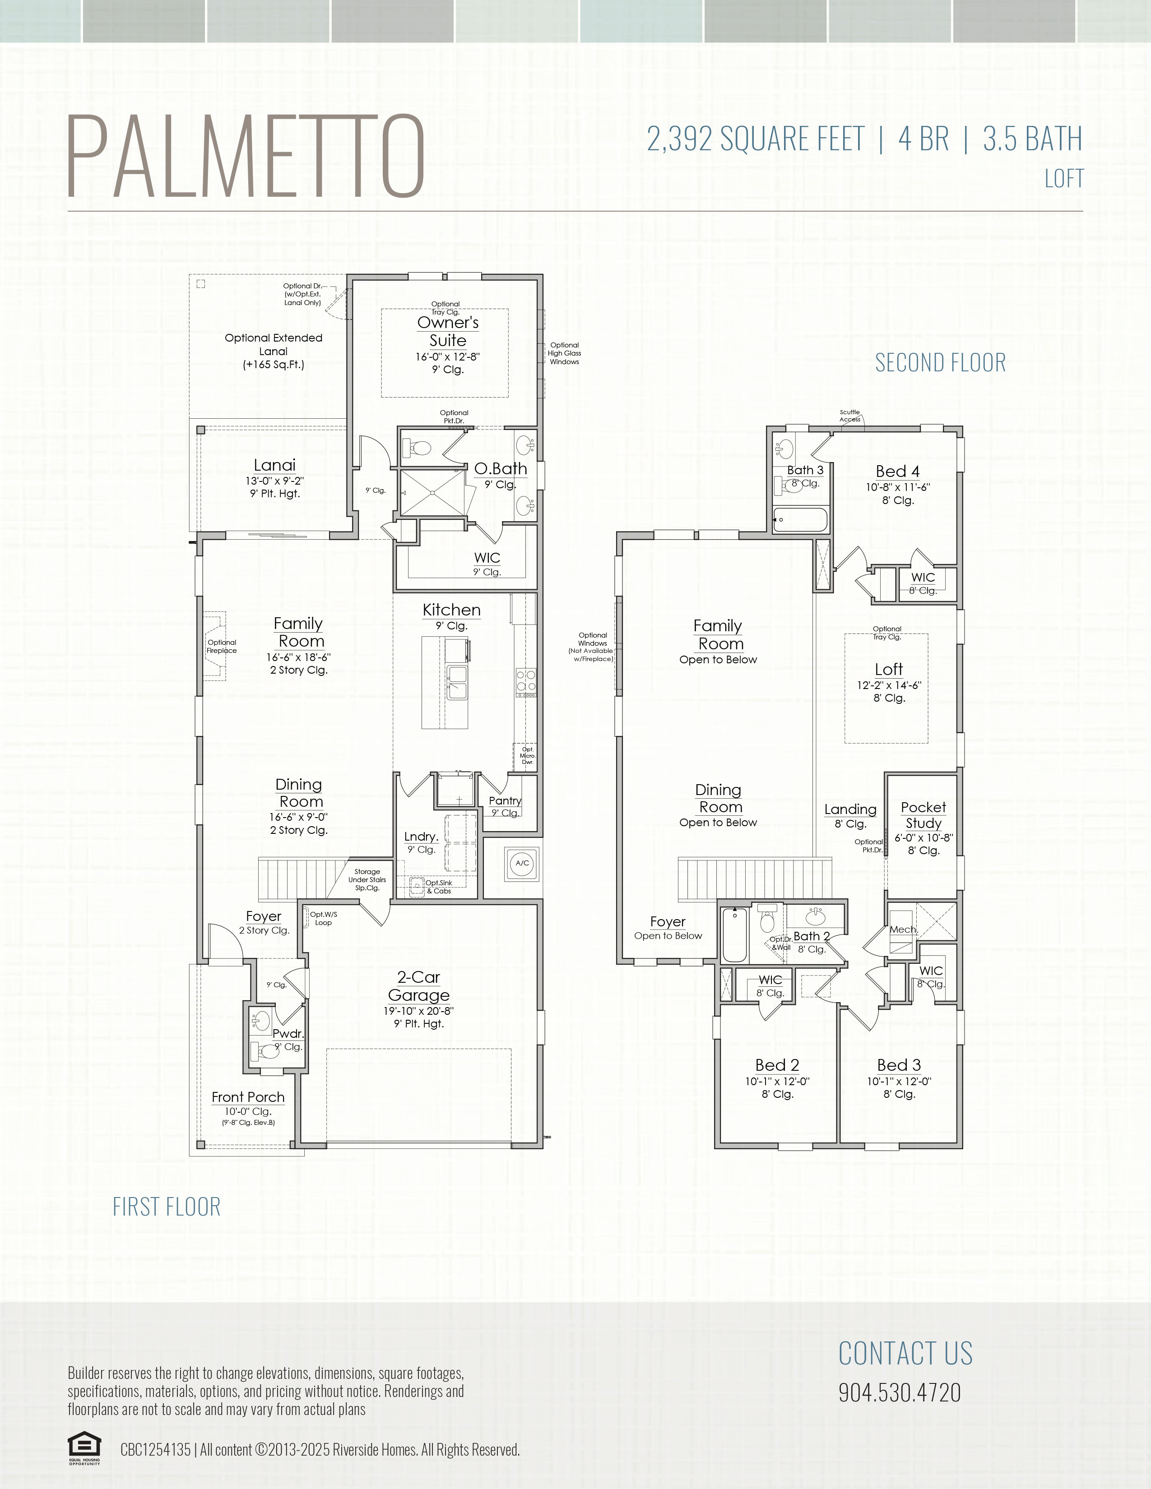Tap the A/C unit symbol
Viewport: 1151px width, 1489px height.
[522, 863]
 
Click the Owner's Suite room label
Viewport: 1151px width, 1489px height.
[448, 331]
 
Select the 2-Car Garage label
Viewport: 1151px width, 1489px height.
[419, 986]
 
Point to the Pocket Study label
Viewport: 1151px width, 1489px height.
[923, 815]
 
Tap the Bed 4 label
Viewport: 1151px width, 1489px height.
[897, 471]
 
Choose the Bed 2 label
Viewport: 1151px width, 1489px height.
[777, 1065]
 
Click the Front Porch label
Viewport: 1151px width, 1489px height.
[248, 1097]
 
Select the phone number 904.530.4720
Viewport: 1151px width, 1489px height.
[900, 1392]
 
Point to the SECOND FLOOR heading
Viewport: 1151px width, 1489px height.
[940, 363]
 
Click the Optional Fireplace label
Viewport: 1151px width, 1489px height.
[222, 646]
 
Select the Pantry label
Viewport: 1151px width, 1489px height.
[505, 800]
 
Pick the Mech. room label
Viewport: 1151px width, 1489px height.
[904, 929]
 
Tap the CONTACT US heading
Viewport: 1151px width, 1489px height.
[905, 1353]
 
